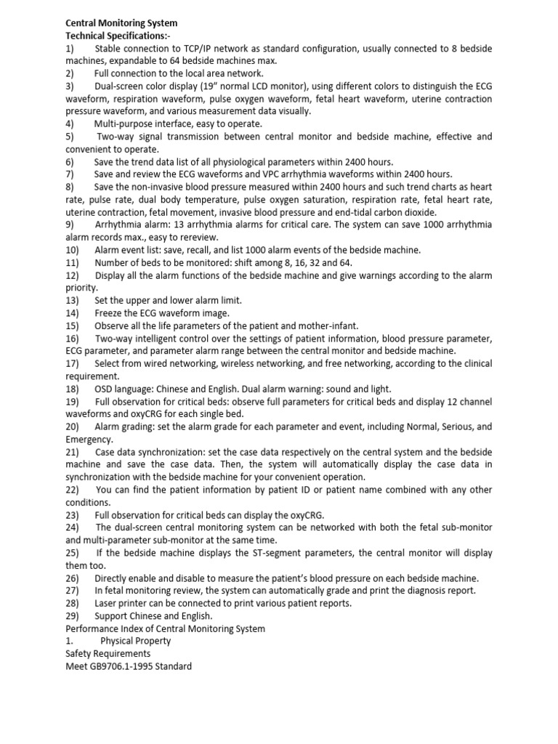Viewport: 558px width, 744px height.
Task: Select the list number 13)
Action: (73, 300)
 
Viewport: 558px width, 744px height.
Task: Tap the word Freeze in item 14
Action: (110, 313)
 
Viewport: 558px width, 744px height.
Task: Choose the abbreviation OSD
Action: (105, 389)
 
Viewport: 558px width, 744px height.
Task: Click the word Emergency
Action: (89, 440)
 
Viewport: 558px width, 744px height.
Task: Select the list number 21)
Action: (73, 452)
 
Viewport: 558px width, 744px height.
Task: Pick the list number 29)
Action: (73, 615)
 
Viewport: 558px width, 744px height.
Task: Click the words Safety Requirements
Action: (108, 654)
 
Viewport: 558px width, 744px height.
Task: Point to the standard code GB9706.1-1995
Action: (121, 666)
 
